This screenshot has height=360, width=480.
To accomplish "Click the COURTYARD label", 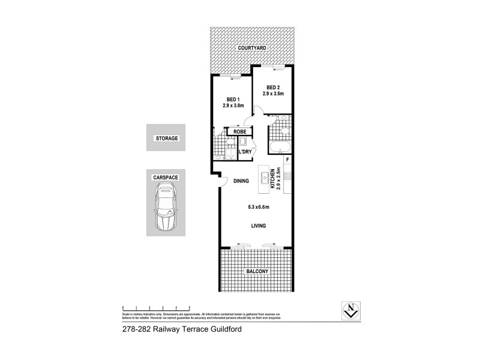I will (x=252, y=47).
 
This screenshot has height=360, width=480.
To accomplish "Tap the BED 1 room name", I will (x=233, y=100).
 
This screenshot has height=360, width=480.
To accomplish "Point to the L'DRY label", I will (x=245, y=152).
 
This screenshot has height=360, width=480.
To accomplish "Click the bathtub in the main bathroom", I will (x=280, y=147).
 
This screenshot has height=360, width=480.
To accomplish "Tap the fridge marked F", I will (x=287, y=160).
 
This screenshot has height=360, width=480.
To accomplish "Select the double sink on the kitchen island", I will (x=264, y=178).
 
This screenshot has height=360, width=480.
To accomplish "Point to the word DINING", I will (x=241, y=181).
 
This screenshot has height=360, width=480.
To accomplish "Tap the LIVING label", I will (x=259, y=226).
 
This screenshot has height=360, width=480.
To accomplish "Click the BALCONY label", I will (x=256, y=272).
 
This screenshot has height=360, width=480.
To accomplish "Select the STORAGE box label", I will (x=167, y=139).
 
